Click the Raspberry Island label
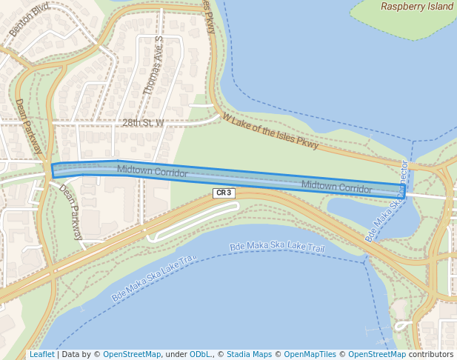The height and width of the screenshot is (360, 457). pyautogui.click(x=416, y=7)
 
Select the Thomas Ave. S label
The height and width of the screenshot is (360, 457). pyautogui.click(x=153, y=64)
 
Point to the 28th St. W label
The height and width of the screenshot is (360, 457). pyautogui.click(x=143, y=123)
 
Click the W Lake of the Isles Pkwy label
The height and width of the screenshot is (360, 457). pyautogui.click(x=270, y=132)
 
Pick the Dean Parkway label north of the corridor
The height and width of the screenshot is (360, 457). pyautogui.click(x=30, y=127)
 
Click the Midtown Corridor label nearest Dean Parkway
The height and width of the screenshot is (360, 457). pyautogui.click(x=152, y=171)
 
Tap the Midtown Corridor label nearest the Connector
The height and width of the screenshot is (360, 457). pyautogui.click(x=336, y=187)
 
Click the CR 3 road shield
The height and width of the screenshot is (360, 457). pyautogui.click(x=224, y=193)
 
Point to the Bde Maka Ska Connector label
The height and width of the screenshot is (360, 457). pyautogui.click(x=387, y=201)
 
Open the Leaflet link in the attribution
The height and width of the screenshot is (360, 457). pyautogui.click(x=41, y=354)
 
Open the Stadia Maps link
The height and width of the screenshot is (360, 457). pyautogui.click(x=249, y=354)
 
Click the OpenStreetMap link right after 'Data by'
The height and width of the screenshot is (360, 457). pyautogui.click(x=132, y=354)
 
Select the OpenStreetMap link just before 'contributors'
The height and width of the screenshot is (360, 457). pyautogui.click(x=377, y=354)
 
